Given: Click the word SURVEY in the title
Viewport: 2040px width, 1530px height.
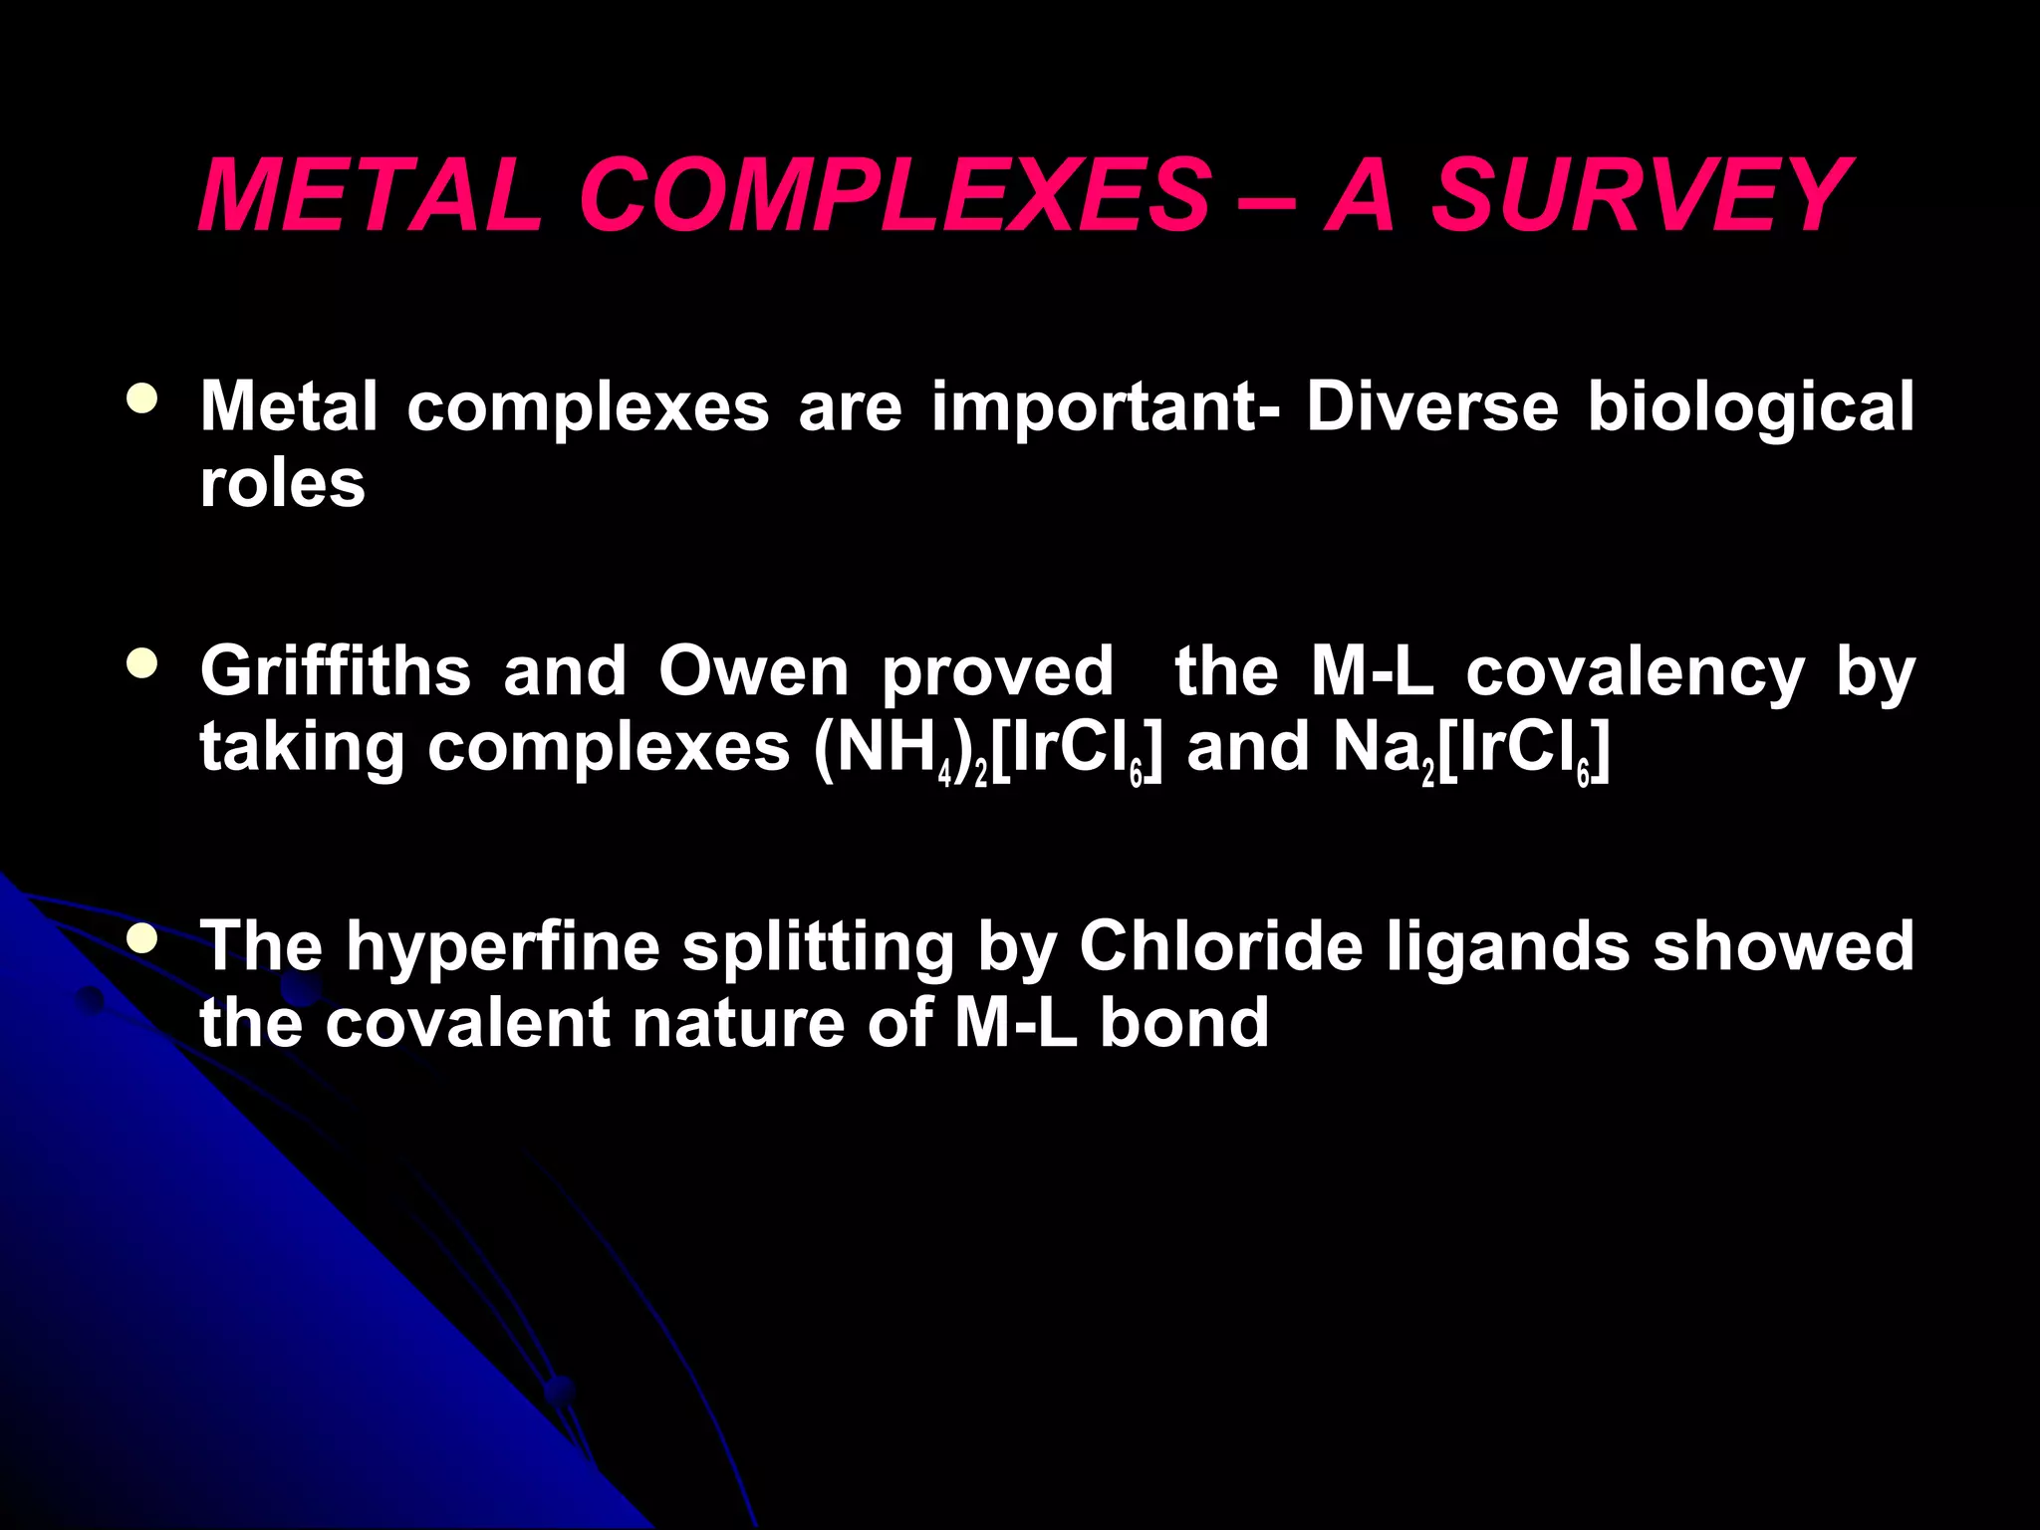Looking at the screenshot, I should (1640, 195).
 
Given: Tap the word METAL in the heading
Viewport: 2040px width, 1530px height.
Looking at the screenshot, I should (369, 195).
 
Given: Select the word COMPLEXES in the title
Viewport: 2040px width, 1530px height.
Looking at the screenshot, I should (894, 195).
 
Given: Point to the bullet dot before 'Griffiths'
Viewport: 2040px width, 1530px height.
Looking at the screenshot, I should (142, 663).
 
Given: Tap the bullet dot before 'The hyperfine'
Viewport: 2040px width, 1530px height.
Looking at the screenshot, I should (142, 937).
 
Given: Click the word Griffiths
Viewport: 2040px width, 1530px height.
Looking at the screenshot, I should (336, 671).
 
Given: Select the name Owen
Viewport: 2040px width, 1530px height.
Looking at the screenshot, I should (753, 671).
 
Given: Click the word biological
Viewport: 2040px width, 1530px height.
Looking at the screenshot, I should (1750, 408).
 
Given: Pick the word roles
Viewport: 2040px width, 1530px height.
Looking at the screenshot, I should (283, 484).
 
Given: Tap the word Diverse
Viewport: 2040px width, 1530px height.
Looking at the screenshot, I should (1432, 406).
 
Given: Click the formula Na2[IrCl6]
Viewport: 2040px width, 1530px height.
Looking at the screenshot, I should (1470, 749).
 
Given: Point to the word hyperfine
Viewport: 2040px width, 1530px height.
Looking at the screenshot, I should (503, 946).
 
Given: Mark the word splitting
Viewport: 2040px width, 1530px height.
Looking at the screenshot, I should (819, 946).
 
